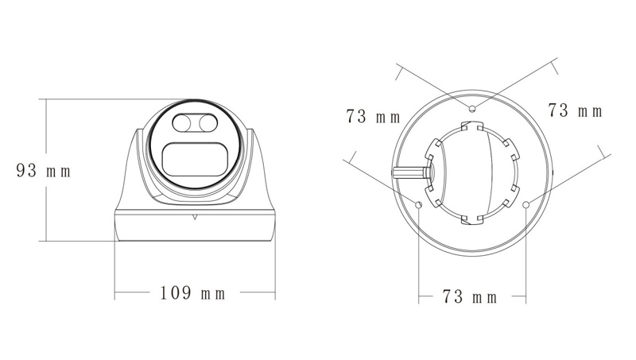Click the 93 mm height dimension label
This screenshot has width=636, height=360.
[44, 170]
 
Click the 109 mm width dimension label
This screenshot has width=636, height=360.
[193, 294]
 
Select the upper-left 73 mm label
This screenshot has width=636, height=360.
[374, 118]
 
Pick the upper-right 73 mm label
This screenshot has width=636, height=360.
[576, 110]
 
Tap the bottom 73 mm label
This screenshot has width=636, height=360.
[469, 297]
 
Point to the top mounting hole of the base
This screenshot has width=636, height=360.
[472, 107]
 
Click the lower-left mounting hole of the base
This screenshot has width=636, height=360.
[419, 206]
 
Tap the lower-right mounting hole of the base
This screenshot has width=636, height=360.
[525, 206]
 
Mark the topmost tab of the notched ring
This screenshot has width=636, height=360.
[472, 126]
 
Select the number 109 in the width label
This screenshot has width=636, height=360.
[175, 294]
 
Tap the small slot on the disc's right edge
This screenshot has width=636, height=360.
[550, 170]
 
